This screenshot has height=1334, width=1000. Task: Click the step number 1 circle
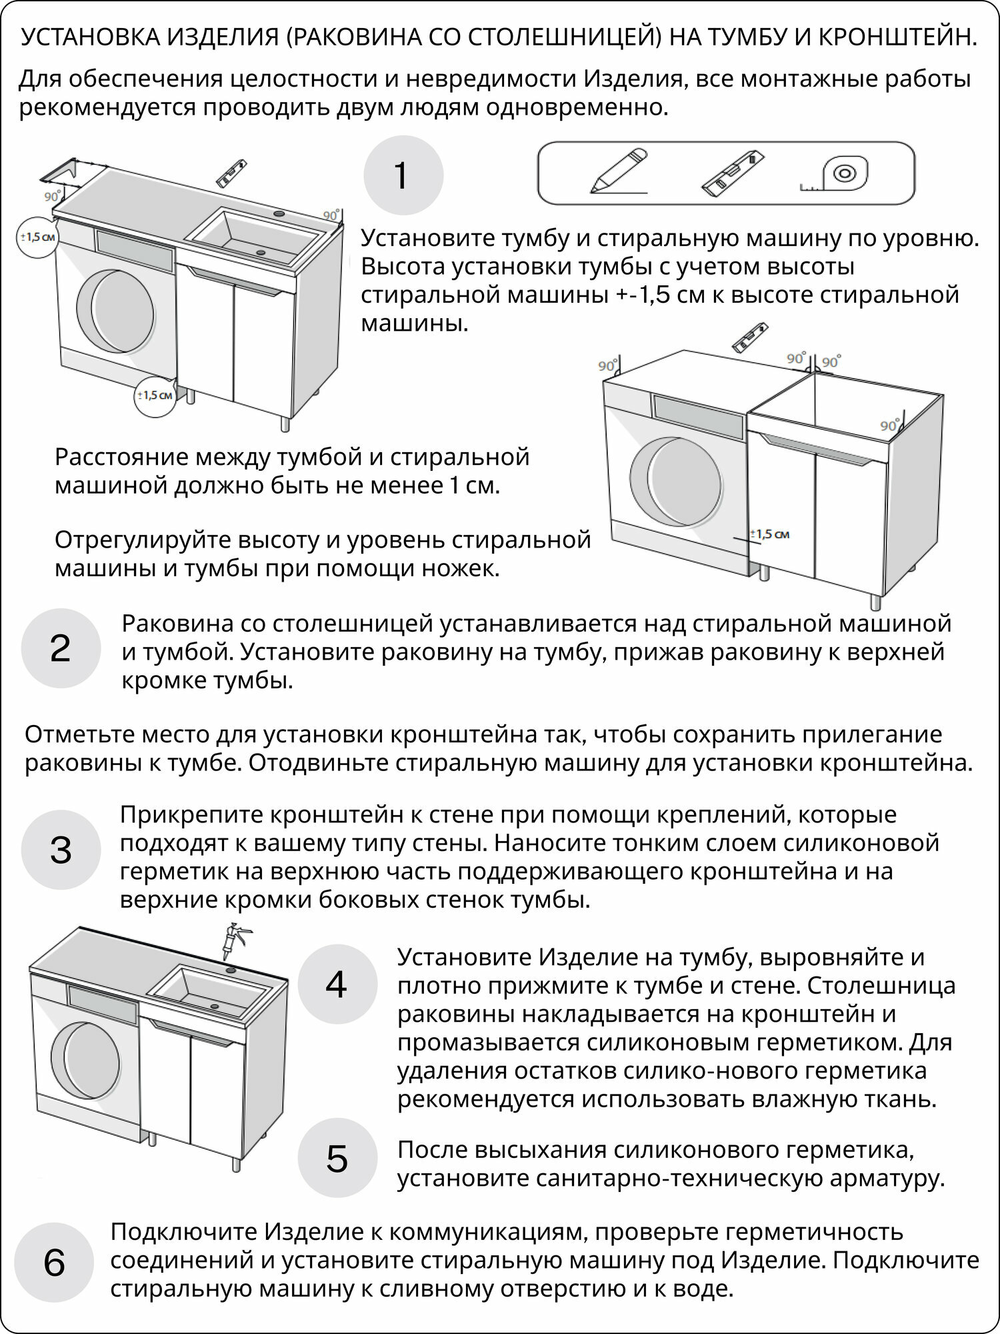pyautogui.click(x=403, y=176)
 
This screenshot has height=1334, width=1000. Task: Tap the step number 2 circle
pyautogui.click(x=61, y=648)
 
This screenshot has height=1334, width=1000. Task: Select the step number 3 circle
pyautogui.click(x=61, y=850)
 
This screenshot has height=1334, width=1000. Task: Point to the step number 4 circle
pyautogui.click(x=337, y=984)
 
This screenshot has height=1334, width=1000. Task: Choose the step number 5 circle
pyautogui.click(x=337, y=1159)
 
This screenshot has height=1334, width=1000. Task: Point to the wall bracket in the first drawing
pyautogui.click(x=62, y=171)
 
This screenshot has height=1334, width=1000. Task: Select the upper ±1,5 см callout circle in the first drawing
pyautogui.click(x=37, y=237)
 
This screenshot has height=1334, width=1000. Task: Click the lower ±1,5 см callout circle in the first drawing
pyautogui.click(x=155, y=395)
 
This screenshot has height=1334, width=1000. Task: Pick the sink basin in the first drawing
pyautogui.click(x=254, y=234)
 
